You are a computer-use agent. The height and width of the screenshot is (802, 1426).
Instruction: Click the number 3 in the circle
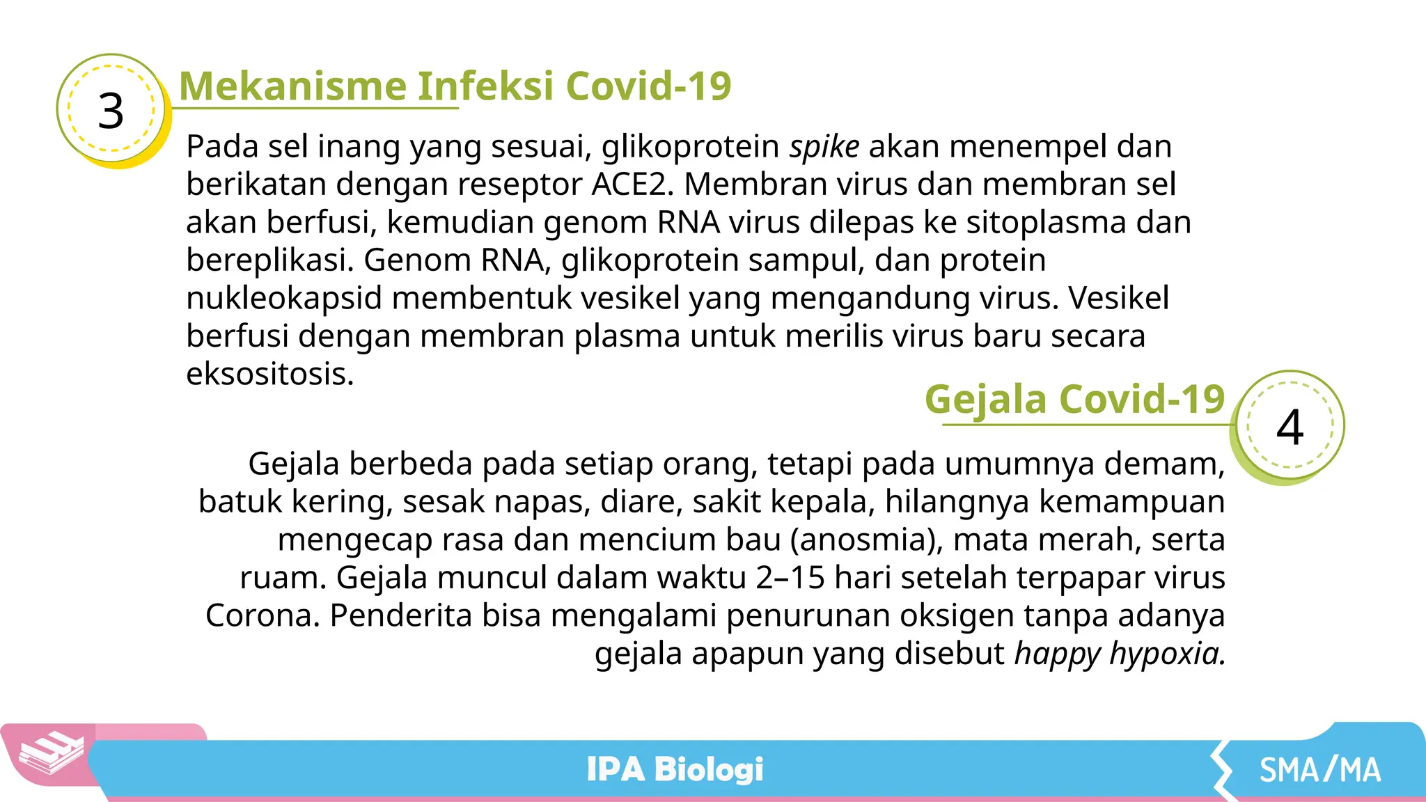click(x=111, y=111)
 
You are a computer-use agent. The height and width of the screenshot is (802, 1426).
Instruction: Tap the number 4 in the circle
click(x=1290, y=427)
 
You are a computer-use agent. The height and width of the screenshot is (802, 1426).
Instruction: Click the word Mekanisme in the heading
click(x=293, y=86)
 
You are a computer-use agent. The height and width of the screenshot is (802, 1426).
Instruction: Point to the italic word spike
click(x=824, y=147)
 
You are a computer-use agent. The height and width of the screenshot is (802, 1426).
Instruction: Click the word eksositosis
click(x=270, y=375)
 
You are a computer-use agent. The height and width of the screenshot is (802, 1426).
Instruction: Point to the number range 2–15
click(x=790, y=578)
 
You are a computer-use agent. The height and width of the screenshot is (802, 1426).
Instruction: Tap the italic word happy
click(x=1057, y=654)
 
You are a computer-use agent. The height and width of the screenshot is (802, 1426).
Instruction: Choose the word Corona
click(x=263, y=616)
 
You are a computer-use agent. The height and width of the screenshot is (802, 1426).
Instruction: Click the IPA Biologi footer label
click(x=675, y=769)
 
